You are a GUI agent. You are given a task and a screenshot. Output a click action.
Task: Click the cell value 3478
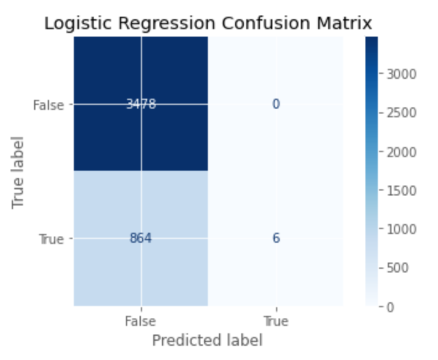pyautogui.click(x=141, y=104)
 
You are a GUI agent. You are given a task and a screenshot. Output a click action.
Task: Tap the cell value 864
pyautogui.click(x=141, y=238)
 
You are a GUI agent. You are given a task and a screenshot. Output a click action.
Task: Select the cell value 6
pyautogui.click(x=275, y=238)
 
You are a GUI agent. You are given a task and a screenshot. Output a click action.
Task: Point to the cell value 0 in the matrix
pyautogui.click(x=275, y=104)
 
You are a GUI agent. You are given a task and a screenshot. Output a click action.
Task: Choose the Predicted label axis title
pyautogui.click(x=207, y=340)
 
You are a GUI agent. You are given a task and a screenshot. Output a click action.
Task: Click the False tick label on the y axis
pyautogui.click(x=48, y=105)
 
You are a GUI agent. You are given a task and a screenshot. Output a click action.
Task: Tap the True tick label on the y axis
pyautogui.click(x=51, y=239)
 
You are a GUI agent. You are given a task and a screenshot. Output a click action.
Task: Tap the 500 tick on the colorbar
pyautogui.click(x=398, y=268)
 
